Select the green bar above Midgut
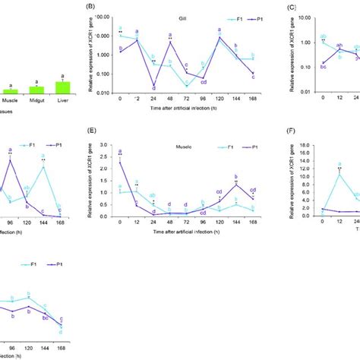[x=36, y=89]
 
